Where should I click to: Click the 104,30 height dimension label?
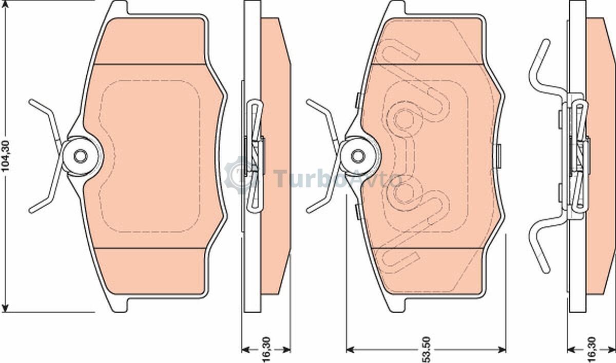[x=6, y=156]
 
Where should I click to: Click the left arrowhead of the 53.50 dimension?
[x=350, y=350]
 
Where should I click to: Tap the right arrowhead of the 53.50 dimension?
[x=502, y=350]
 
